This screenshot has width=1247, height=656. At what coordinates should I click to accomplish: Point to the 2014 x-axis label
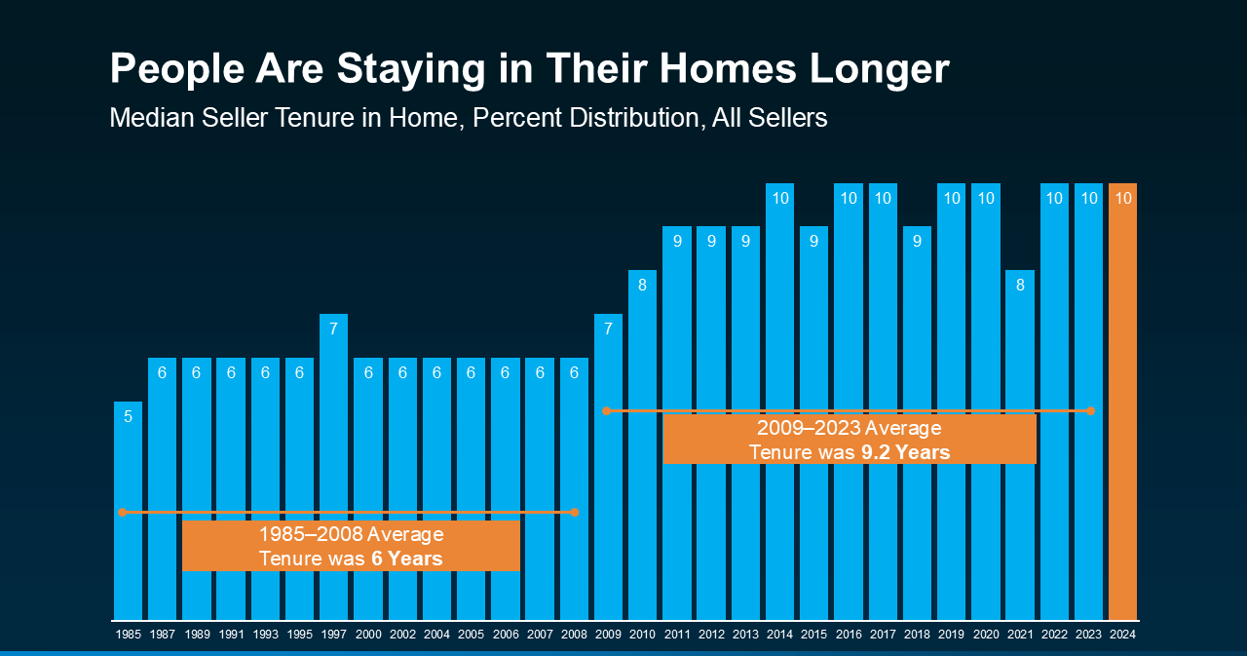779,635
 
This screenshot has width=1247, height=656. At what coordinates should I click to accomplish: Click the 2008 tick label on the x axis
574,635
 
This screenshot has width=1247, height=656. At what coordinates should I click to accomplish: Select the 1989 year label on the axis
196,635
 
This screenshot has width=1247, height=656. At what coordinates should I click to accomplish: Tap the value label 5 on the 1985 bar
128,416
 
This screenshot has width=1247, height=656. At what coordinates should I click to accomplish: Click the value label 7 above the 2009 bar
608,328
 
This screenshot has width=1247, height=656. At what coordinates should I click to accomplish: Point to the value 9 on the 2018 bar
917,241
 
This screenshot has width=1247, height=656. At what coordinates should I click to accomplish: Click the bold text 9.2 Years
905,452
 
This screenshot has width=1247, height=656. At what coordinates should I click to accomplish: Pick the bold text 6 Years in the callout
406,559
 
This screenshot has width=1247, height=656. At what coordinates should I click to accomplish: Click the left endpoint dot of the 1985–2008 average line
123,512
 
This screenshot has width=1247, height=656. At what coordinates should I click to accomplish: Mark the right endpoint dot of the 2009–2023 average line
1091,411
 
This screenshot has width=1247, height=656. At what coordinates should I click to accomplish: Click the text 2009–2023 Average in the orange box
849,429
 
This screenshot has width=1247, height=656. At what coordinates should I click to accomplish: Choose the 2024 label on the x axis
1122,635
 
